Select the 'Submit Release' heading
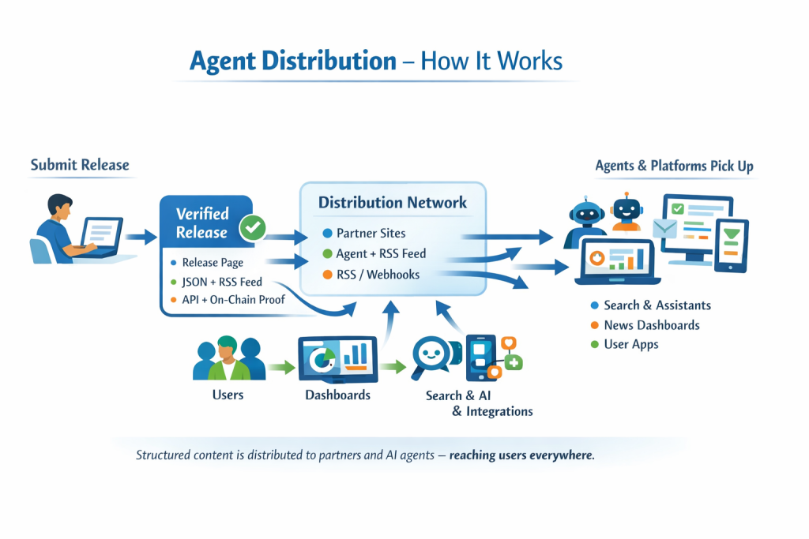click(x=79, y=165)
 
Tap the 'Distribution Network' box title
click(x=393, y=202)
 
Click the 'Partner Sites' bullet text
click(x=371, y=233)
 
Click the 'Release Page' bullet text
click(x=213, y=263)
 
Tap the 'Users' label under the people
click(x=228, y=394)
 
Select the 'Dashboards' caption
click(x=337, y=394)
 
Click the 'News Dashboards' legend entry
click(x=651, y=324)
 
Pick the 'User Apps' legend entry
click(x=630, y=344)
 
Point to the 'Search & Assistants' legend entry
click(x=657, y=305)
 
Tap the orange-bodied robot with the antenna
click(x=628, y=211)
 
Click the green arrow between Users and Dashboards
click(x=280, y=366)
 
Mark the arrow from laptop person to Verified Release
click(x=141, y=235)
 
